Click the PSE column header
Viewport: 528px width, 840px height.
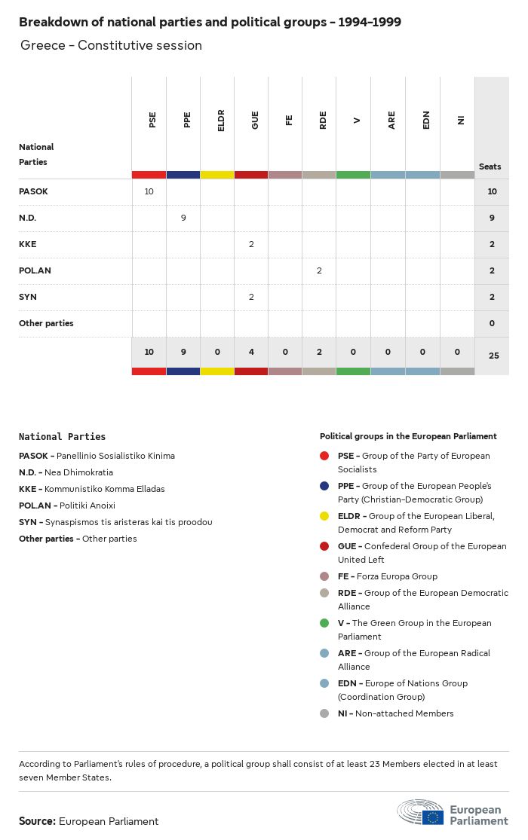click(152, 120)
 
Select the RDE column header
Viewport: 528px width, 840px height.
click(323, 120)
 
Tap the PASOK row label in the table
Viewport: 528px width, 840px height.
click(33, 191)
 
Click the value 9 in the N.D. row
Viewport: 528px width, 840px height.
click(183, 218)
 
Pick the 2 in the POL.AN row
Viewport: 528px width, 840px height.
click(319, 270)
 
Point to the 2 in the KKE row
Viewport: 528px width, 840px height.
click(251, 244)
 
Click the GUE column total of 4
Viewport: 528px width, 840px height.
click(251, 352)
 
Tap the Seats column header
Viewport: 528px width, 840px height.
click(490, 166)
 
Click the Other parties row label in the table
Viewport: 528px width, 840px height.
click(46, 323)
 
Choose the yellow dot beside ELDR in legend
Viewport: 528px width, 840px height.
click(324, 516)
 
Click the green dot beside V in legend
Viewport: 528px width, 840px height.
click(324, 623)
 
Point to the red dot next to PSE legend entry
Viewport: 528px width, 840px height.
click(324, 456)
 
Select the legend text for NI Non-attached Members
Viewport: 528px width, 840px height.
click(395, 713)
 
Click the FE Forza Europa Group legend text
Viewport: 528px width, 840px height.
click(387, 576)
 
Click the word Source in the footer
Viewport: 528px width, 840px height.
click(37, 821)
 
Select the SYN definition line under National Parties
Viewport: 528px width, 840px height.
click(115, 522)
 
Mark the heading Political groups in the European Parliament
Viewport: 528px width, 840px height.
click(408, 436)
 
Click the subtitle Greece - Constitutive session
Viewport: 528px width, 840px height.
click(111, 45)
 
